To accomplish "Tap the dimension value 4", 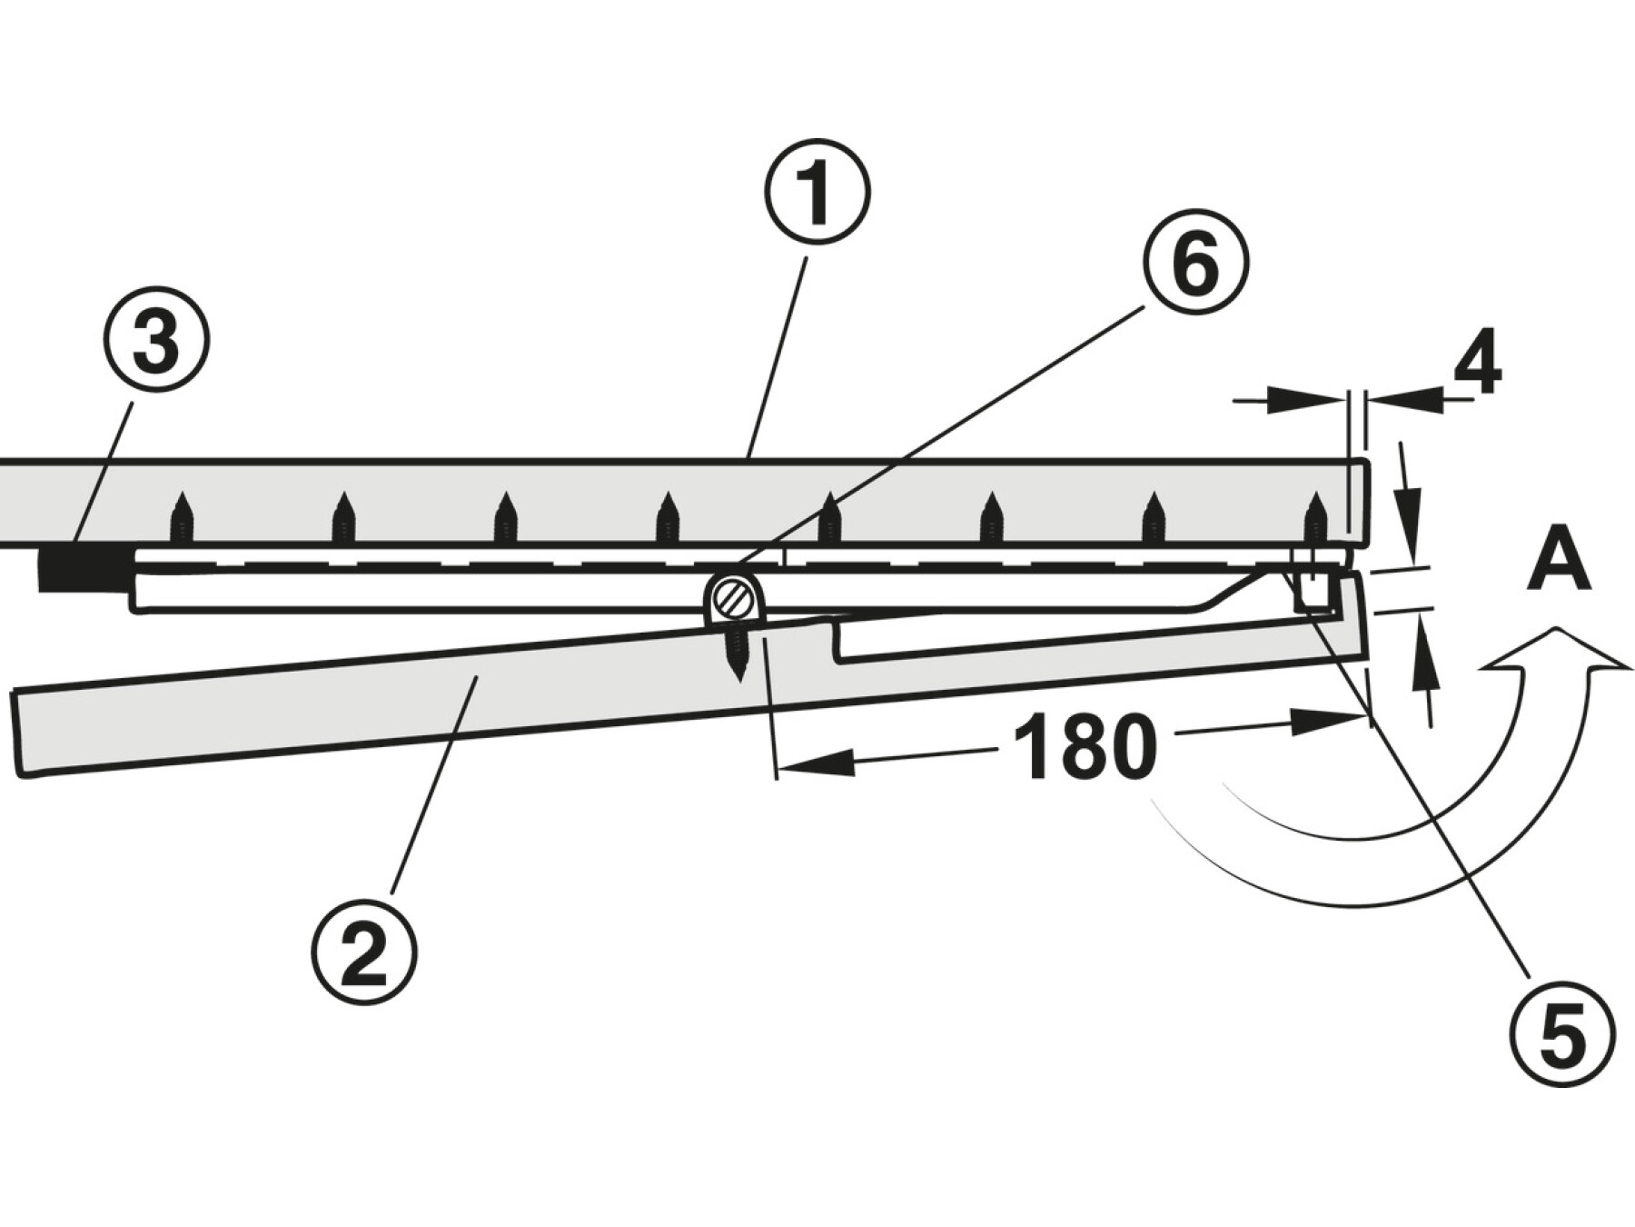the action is click(1477, 364).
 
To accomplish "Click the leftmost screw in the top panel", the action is click(182, 521).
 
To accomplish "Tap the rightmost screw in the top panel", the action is click(1313, 521).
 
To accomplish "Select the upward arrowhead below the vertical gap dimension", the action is click(1424, 649).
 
